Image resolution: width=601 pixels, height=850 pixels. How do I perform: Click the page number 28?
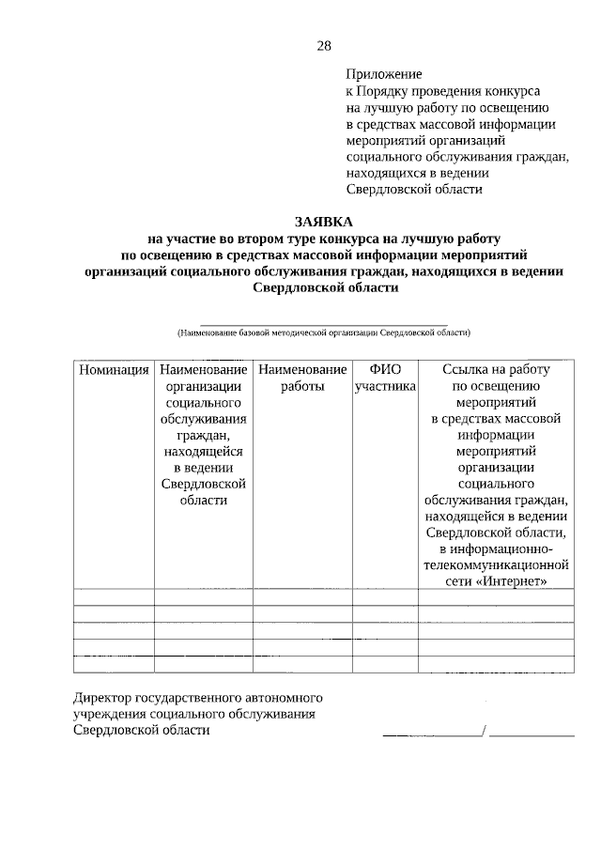coord(324,45)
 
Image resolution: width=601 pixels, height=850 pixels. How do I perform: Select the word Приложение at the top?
coord(384,73)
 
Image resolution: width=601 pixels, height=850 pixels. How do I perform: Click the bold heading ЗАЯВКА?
coord(324,223)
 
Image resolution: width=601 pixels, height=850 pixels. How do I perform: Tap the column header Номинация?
coord(114,370)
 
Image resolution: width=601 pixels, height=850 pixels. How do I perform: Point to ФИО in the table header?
coord(385,370)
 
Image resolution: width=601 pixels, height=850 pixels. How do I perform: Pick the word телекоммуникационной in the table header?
coord(497,566)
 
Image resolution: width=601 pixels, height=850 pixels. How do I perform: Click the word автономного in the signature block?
coord(284,698)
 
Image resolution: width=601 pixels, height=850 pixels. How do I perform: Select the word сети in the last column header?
coord(460,582)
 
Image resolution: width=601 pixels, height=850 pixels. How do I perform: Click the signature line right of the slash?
coord(532,732)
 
